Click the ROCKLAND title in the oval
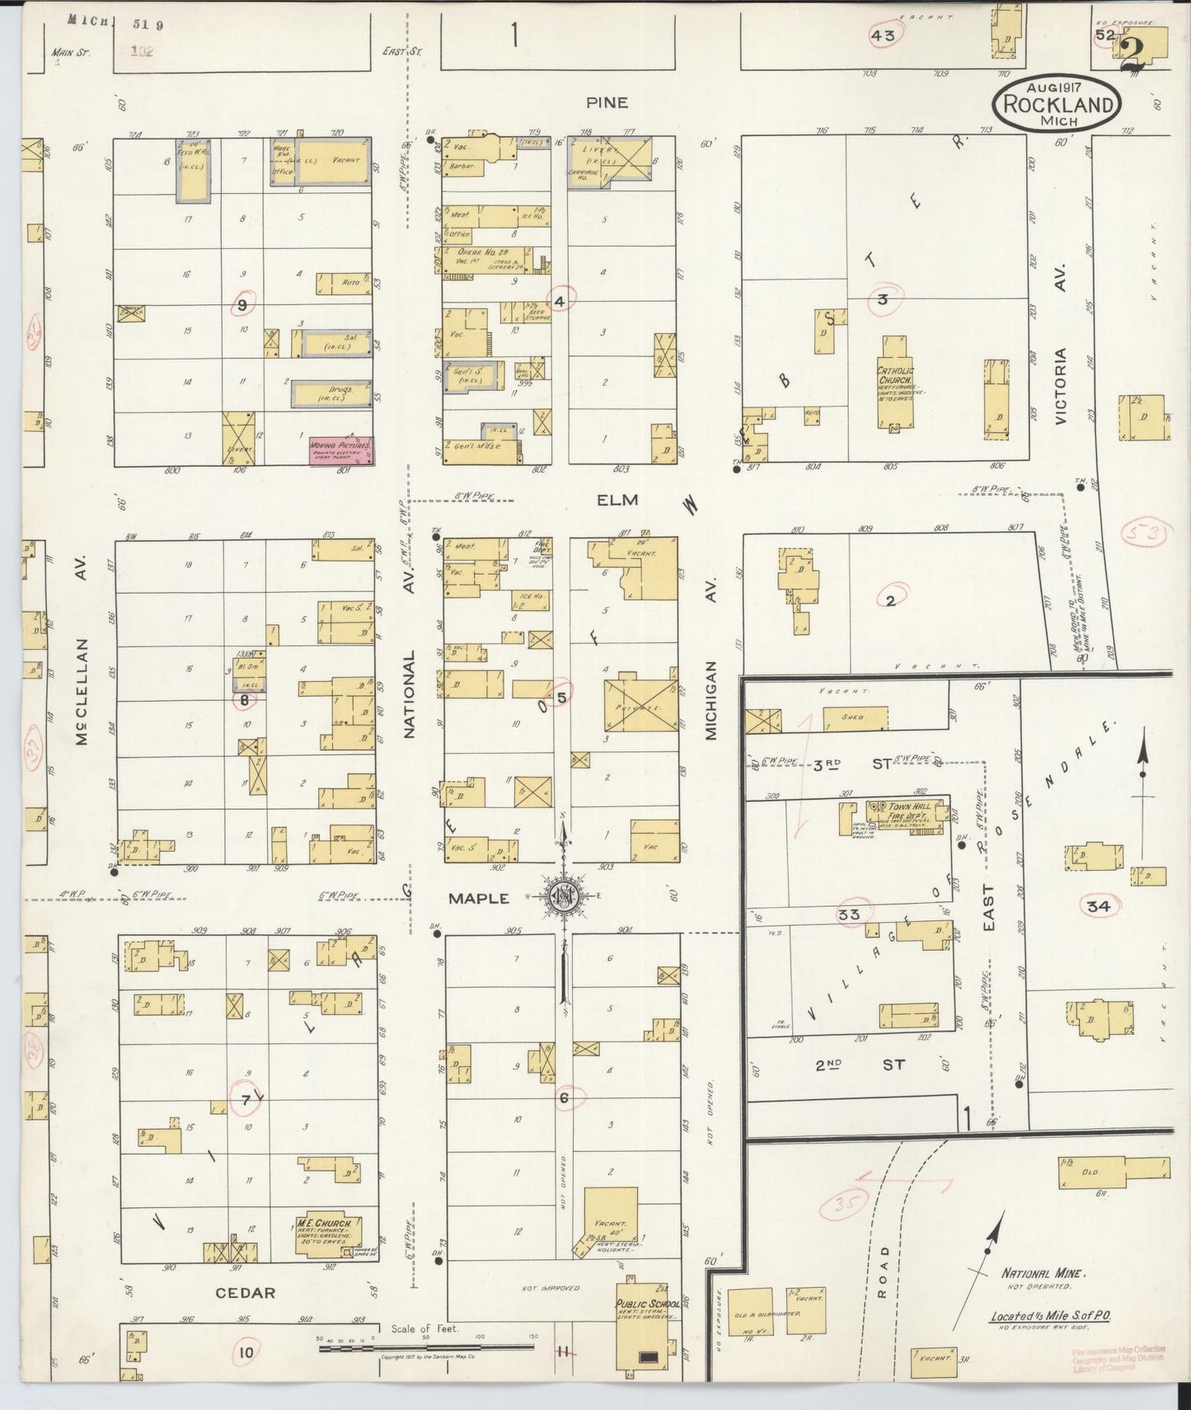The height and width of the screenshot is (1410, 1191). pos(1057,105)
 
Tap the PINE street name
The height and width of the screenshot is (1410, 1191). pos(607,102)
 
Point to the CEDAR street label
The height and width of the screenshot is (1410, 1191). pos(245,1293)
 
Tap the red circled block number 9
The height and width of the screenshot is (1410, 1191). pos(242,304)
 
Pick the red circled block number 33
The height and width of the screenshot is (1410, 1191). pos(849,914)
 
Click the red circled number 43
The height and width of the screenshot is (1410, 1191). pos(883,35)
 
